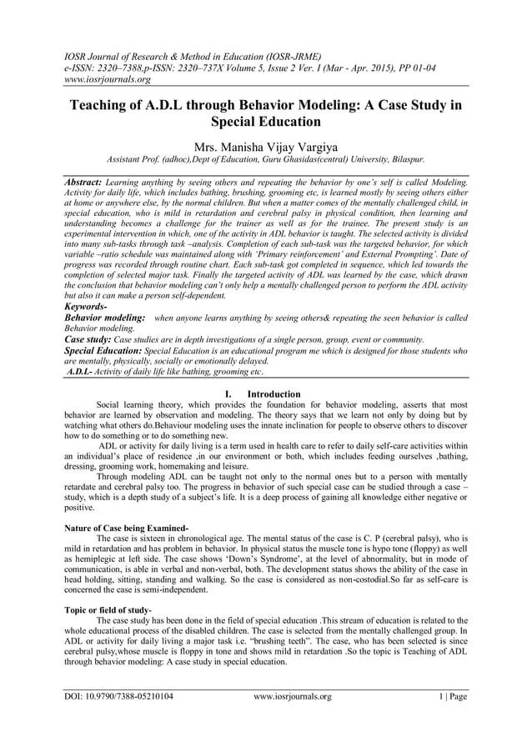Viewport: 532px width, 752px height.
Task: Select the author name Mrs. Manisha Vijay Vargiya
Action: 265,143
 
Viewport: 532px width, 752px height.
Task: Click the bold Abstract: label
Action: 83,181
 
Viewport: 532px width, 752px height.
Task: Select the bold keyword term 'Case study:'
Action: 88,340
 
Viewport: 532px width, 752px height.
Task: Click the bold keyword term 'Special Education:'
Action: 103,352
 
